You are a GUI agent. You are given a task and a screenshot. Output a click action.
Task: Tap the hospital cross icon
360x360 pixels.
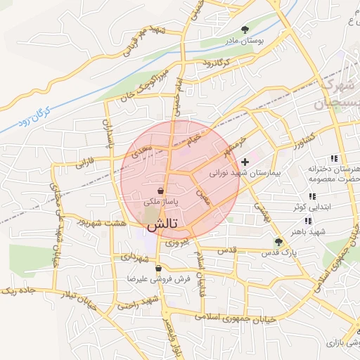[x=245, y=162]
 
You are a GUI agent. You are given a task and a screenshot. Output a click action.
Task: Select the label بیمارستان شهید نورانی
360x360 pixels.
[x=245, y=172]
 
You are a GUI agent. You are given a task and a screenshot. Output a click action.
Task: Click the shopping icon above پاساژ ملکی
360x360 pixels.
[x=162, y=191]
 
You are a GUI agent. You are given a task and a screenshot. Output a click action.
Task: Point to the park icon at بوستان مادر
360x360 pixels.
[x=245, y=30]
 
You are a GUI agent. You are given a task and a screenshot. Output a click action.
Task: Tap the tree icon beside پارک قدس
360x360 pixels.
[x=278, y=242]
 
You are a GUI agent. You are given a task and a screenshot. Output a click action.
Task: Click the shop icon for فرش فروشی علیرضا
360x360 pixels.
[x=159, y=268]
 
